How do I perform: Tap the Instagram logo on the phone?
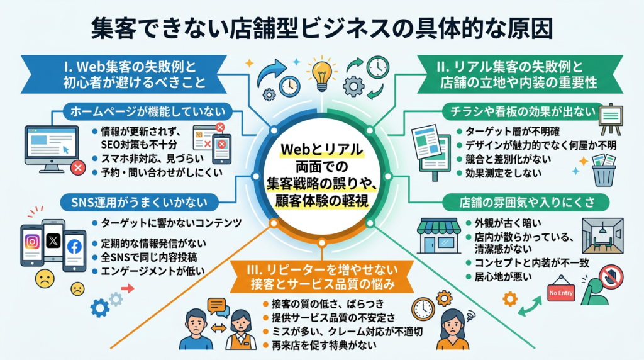click(32, 242)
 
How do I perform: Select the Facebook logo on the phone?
click(74, 247)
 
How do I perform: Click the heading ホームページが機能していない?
click(148, 112)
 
